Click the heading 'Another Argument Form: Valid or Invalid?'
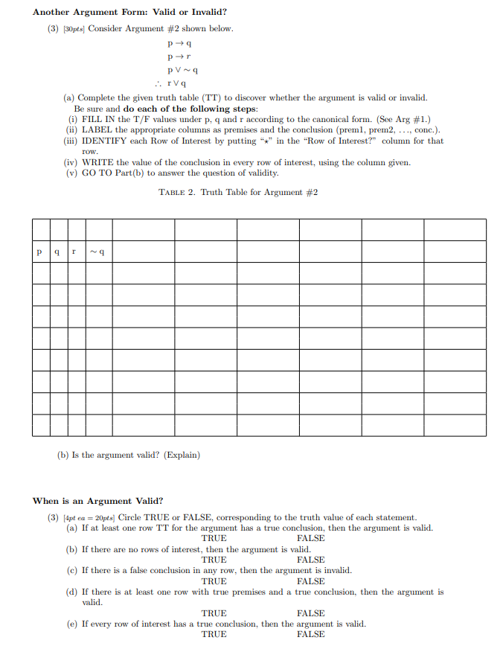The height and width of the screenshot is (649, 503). coord(129,13)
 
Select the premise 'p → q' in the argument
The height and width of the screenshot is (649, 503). coord(182,43)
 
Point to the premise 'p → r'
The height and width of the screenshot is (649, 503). coord(182,57)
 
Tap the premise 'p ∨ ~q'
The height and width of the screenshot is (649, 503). coord(184,70)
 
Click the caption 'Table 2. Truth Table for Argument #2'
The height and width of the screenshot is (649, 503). coord(238,192)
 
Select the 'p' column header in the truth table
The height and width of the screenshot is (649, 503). coord(40,252)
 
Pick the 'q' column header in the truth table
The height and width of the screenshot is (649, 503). coord(59,252)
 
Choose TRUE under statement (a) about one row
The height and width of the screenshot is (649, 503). coord(214,538)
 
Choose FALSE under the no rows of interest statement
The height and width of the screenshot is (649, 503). coord(310,560)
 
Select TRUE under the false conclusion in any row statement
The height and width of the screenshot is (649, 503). coord(214,581)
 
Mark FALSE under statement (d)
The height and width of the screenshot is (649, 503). coord(310,613)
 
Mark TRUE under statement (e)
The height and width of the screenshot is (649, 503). coord(214,635)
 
